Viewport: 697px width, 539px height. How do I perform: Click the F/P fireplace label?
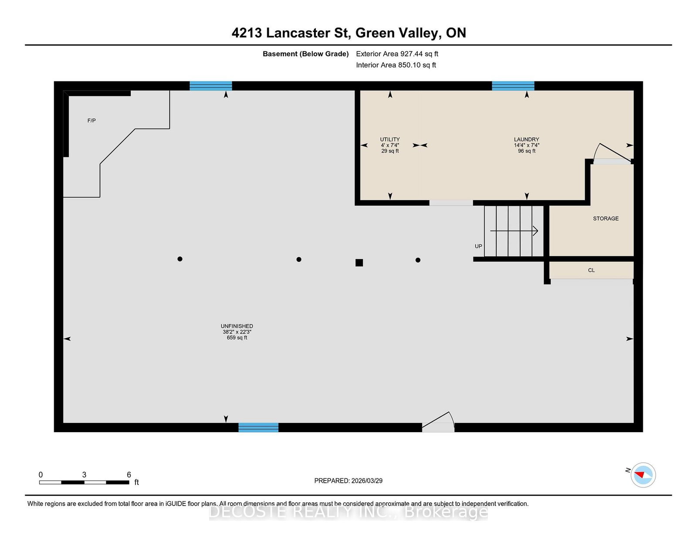tap(91, 121)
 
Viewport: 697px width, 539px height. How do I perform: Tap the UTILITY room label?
tap(390, 139)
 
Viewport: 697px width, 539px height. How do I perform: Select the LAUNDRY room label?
tap(526, 139)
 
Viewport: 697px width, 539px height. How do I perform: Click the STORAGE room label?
tap(606, 218)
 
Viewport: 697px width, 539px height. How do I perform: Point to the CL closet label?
tap(591, 270)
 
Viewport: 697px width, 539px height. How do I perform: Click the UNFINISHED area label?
tap(237, 326)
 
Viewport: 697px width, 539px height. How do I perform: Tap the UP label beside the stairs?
tap(478, 246)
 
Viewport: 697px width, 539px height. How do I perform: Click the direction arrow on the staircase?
tap(514, 231)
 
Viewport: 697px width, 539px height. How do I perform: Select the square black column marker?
tap(359, 263)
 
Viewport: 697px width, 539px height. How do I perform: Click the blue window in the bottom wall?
tap(258, 427)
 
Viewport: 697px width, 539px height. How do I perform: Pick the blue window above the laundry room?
tap(513, 86)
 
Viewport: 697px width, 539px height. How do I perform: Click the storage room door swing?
tap(612, 153)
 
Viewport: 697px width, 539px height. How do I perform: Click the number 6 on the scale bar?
tap(129, 475)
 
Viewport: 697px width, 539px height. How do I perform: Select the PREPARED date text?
tap(348, 481)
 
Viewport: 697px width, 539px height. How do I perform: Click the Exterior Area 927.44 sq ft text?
tap(397, 54)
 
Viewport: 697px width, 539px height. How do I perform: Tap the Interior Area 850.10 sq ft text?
tap(396, 65)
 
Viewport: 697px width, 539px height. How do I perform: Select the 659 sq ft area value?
tap(237, 338)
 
